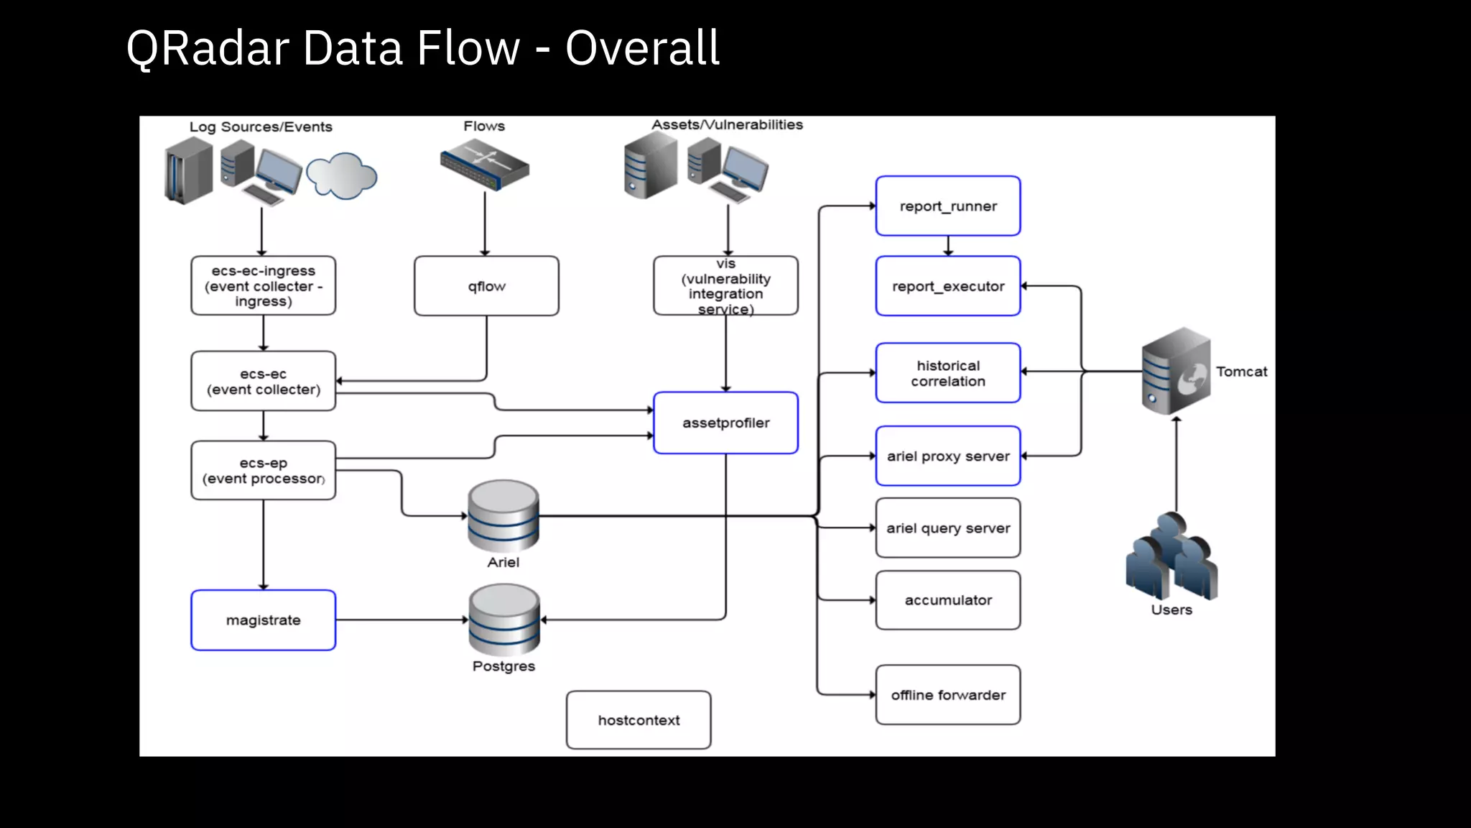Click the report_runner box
(947, 206)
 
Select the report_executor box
(947, 286)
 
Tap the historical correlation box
(947, 373)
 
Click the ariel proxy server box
(947, 456)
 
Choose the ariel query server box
(947, 528)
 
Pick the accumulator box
(947, 600)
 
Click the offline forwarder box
(947, 694)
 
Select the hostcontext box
(639, 720)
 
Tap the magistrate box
(263, 620)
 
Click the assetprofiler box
(725, 423)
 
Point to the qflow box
(486, 286)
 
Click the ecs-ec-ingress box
(263, 286)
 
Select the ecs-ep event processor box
(263, 471)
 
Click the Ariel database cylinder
(503, 516)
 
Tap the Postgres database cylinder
(504, 620)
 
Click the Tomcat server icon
(1176, 371)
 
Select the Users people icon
(1171, 557)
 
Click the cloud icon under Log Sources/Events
(341, 175)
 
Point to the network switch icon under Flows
(485, 165)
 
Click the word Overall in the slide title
(642, 48)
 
